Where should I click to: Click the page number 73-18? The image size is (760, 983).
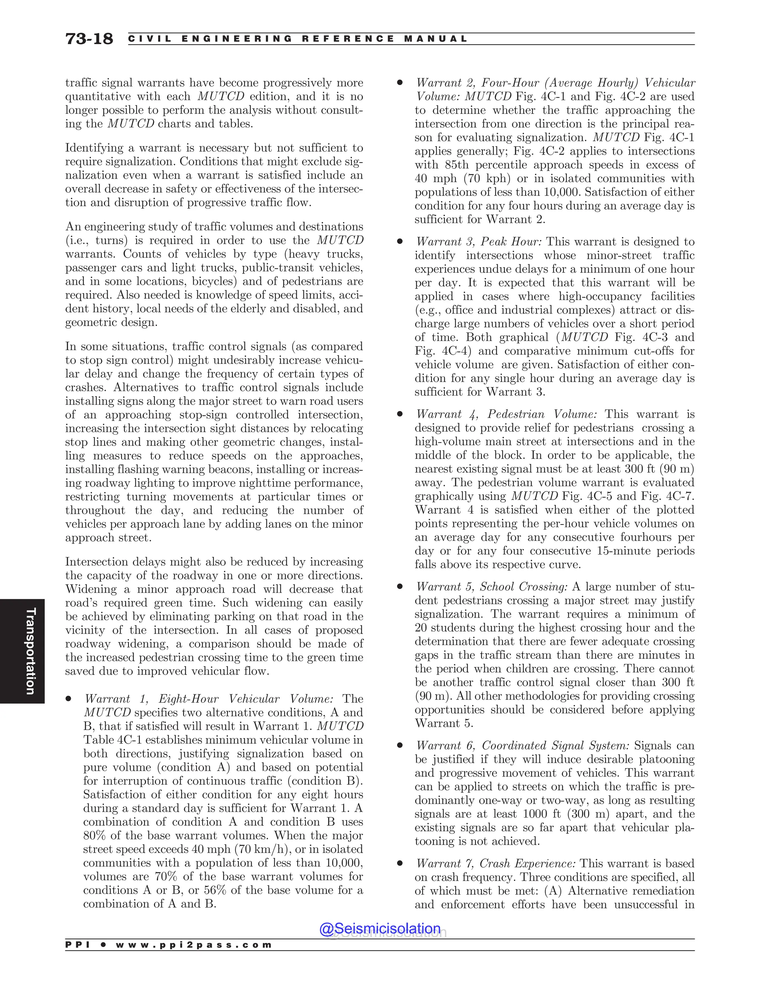pyautogui.click(x=89, y=39)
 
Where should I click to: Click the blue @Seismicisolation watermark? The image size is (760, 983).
pyautogui.click(x=380, y=928)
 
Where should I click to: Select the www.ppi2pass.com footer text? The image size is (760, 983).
pyautogui.click(x=194, y=945)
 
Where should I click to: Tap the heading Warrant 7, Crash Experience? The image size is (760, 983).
pyautogui.click(x=495, y=863)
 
